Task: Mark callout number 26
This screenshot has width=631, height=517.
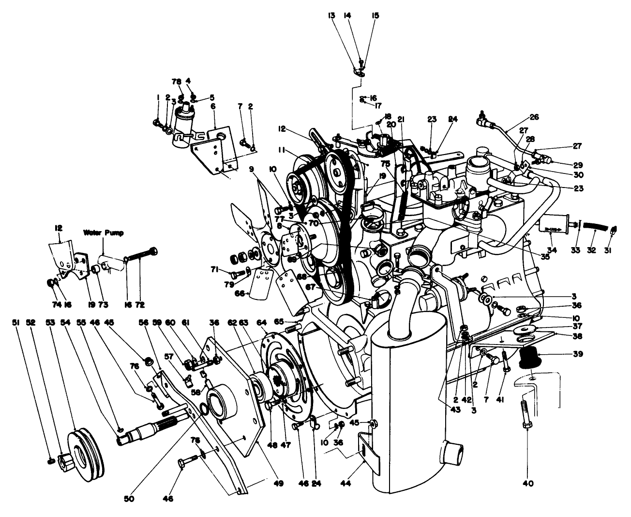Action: [534, 117]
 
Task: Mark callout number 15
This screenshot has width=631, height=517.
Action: [375, 16]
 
